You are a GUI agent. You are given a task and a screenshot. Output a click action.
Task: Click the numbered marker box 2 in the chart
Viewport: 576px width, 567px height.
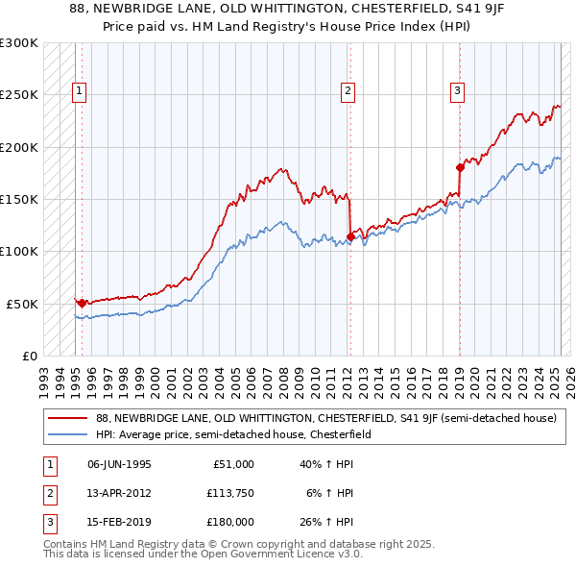tap(348, 92)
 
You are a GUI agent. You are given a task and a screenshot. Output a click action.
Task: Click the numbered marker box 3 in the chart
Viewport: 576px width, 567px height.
tap(459, 92)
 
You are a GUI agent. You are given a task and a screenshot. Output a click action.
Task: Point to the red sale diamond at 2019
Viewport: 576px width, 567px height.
tap(460, 168)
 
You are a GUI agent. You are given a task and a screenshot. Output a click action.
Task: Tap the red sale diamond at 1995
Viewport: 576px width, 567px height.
tap(82, 303)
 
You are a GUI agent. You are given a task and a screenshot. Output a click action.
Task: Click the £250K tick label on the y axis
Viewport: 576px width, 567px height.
tap(18, 95)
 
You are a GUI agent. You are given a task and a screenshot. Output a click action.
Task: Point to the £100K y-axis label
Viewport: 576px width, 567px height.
tap(18, 252)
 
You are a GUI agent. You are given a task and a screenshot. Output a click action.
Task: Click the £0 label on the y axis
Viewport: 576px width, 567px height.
tap(29, 356)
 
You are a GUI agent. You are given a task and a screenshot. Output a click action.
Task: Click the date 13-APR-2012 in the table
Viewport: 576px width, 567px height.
tap(119, 493)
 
